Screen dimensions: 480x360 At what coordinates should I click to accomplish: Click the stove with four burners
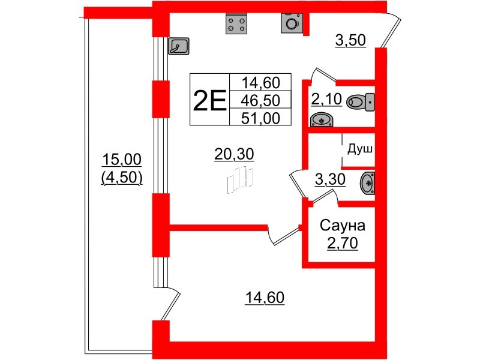point(236,24)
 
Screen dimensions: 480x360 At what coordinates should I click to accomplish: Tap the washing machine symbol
point(292,23)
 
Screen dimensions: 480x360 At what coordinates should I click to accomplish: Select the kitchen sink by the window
point(178,46)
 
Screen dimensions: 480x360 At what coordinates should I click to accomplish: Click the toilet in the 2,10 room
point(361,102)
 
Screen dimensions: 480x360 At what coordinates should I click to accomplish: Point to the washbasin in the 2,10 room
point(322,119)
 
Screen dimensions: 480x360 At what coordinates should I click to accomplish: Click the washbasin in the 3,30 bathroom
point(368,183)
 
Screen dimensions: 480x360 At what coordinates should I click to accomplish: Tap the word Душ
point(360,149)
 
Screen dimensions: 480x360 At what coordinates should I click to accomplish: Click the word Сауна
point(343,226)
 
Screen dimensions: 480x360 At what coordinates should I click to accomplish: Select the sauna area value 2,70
point(343,244)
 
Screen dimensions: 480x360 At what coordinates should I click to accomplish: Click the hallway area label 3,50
point(350,40)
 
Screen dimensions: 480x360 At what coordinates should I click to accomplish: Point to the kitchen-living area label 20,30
point(234,154)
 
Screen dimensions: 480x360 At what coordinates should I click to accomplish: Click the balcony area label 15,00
point(122,160)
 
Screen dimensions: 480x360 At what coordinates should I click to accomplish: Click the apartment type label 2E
point(209,100)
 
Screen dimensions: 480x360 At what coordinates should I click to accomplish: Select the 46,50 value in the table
point(260,100)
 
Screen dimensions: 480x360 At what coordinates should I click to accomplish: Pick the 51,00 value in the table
point(260,118)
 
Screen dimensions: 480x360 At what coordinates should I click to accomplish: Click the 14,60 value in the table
point(260,82)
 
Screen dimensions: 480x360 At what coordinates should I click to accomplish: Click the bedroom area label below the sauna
point(265,298)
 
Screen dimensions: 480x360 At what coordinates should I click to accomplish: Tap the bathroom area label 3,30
point(331,179)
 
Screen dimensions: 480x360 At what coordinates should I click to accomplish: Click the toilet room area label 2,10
point(326,99)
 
